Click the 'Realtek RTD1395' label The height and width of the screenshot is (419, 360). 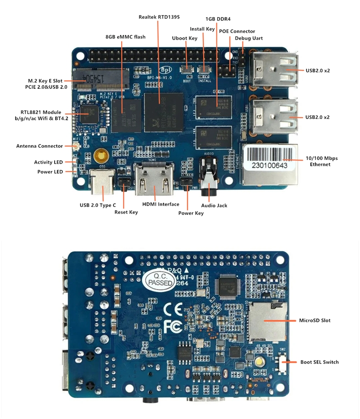click(159, 17)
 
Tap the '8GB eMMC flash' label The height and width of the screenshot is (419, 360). click(125, 36)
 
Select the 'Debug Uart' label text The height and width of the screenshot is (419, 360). click(248, 38)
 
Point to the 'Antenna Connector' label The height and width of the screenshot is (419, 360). click(40, 146)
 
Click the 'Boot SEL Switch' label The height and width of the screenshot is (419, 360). click(319, 362)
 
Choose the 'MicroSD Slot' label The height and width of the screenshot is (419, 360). click(314, 321)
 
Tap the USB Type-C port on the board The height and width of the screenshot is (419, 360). click(102, 183)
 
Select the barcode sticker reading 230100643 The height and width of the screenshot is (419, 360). click(269, 165)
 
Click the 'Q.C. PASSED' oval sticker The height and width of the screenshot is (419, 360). click(158, 279)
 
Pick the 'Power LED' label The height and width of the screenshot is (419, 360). click(50, 172)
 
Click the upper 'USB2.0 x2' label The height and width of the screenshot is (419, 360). click(318, 70)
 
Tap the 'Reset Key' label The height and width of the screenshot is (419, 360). click(126, 212)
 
